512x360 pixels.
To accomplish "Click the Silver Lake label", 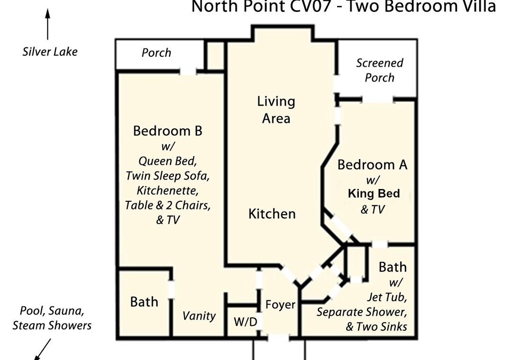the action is pos(50,52).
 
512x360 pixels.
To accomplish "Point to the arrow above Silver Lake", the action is pos(48,24).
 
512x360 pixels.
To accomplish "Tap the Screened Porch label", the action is pos(379,70).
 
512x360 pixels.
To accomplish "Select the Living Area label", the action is pos(276,110).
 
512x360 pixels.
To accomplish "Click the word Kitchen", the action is pos(272,214).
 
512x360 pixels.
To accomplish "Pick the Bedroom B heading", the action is pos(167,131).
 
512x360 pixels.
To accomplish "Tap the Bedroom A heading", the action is pos(372,164).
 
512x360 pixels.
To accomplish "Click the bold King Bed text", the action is pos(374,194).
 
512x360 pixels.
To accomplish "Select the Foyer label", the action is pos(280,305).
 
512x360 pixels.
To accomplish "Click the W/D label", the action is pos(246,322).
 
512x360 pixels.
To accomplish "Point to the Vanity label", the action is pos(199,315).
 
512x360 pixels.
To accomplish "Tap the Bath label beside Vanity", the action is pos(144,302).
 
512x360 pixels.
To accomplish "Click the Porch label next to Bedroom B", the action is pos(156,53).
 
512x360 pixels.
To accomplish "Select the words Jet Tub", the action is pos(387,297).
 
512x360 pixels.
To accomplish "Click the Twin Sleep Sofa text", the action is pos(167,176).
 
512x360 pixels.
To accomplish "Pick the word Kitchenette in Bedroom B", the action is pos(167,190).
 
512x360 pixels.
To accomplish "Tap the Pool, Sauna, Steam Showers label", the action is pos(52,318).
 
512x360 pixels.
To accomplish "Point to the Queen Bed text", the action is pos(167,161).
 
